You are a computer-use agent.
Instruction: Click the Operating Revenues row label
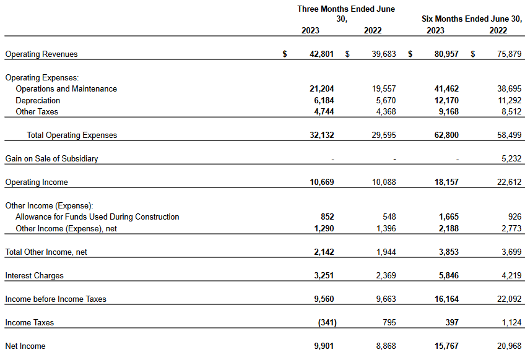click(x=41, y=54)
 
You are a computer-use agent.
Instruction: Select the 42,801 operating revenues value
click(x=321, y=54)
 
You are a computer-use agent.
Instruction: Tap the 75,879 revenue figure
click(x=510, y=54)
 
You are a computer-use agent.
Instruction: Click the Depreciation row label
click(x=38, y=100)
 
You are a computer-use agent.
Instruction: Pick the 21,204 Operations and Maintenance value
click(x=322, y=88)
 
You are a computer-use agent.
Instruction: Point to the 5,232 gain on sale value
click(x=511, y=158)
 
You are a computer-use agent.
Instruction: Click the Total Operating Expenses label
click(x=72, y=135)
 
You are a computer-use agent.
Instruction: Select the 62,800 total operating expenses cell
click(x=446, y=135)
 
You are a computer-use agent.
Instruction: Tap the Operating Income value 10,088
click(x=384, y=182)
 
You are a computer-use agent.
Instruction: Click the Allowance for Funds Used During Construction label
click(x=97, y=216)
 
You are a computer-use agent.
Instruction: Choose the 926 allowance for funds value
click(x=514, y=216)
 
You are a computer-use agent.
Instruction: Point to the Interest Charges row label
click(x=34, y=275)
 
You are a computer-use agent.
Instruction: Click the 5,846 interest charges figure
click(x=449, y=275)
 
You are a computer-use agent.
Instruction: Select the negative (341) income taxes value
click(x=327, y=322)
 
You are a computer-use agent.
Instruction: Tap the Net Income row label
click(x=25, y=346)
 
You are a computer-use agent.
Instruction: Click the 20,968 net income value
click(x=510, y=346)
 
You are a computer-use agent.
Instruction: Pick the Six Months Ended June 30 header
click(x=472, y=19)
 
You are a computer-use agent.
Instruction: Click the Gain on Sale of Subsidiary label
click(x=51, y=158)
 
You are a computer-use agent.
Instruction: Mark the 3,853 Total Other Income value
click(x=449, y=252)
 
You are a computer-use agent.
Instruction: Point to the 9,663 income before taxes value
click(x=386, y=299)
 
